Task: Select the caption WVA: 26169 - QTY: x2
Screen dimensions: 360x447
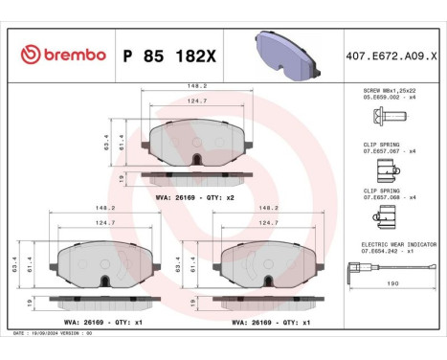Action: pos(189,196)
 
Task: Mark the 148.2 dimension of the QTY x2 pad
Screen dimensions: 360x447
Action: pos(195,84)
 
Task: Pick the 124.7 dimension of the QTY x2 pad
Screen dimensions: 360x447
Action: pos(195,101)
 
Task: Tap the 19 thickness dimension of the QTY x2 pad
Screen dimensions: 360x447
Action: pos(121,177)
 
